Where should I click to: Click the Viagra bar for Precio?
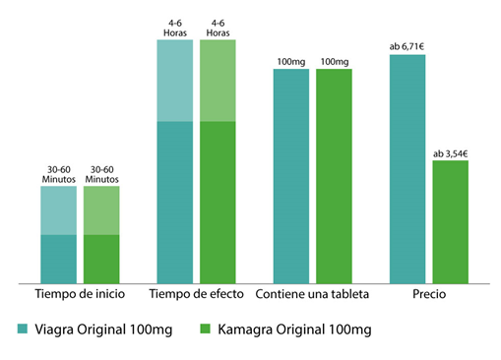(407, 169)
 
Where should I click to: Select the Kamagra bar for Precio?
(451, 222)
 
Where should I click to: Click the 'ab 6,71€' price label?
(407, 46)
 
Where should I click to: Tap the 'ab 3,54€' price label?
(451, 152)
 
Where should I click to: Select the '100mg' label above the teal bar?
(291, 62)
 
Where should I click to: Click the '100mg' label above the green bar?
(335, 62)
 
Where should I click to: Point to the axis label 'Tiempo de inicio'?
(80, 295)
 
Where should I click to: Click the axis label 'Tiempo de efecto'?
(196, 295)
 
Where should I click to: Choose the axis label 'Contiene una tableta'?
(312, 295)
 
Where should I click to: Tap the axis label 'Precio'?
(429, 295)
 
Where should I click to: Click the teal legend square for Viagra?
(23, 328)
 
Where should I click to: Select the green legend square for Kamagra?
(205, 328)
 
